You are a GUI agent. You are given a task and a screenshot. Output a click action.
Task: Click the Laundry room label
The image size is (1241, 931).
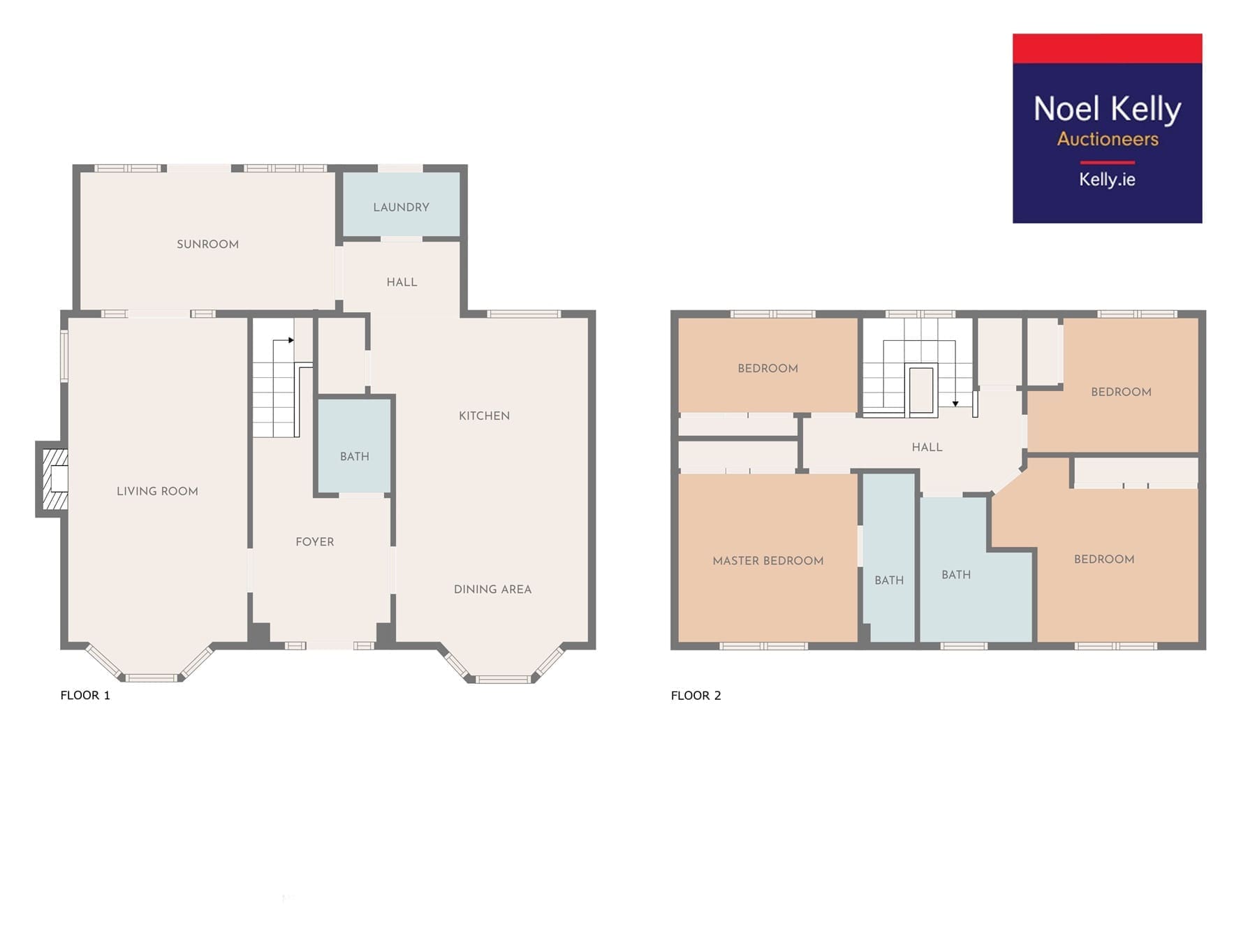coord(401,207)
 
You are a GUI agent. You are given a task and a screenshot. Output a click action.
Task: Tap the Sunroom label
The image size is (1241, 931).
coord(207,244)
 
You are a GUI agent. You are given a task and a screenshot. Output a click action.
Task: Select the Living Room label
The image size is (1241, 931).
coord(157,491)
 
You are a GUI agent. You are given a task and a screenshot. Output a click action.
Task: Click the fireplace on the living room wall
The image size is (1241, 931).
coord(52,479)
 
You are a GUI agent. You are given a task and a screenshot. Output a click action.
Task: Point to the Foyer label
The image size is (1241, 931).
coord(315,541)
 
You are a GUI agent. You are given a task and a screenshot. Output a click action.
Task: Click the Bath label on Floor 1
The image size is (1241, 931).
coord(355,456)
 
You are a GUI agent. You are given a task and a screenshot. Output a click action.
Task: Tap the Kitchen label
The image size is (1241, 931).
coord(484,416)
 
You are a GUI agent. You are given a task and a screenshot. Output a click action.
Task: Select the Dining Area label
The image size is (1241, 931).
coord(492,589)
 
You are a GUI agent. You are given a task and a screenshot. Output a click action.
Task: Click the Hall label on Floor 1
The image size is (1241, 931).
coord(402,282)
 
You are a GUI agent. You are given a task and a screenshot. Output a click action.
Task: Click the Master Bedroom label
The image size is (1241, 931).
coord(768,560)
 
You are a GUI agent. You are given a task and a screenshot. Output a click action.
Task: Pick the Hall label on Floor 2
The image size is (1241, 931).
coord(927,447)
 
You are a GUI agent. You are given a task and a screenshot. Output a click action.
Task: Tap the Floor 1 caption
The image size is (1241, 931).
coord(85,695)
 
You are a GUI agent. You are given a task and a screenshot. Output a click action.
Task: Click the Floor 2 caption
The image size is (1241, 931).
coord(696,695)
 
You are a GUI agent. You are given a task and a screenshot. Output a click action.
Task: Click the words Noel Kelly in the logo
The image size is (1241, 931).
coord(1107,110)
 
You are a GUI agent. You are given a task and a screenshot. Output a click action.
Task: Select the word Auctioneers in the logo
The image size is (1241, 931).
coord(1108,139)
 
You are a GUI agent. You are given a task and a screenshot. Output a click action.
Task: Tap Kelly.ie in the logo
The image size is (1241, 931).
coord(1107,179)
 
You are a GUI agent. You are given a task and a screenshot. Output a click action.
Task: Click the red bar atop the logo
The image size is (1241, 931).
coord(1107,48)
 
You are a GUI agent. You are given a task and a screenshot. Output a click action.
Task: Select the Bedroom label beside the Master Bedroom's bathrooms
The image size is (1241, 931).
coord(1104,559)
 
